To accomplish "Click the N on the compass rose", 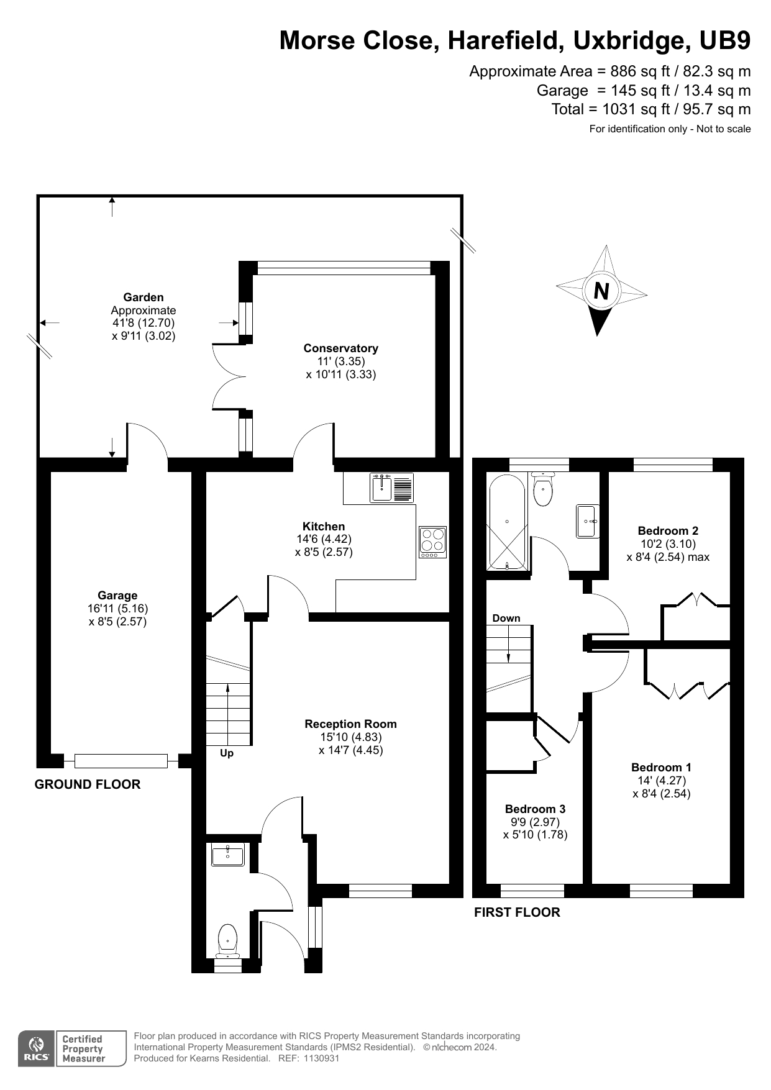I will [601, 291].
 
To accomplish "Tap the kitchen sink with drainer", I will [391, 488].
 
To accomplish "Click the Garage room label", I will [117, 596].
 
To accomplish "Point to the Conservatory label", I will [340, 348].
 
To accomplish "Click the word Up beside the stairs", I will [227, 753].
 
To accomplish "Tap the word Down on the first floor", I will [506, 618].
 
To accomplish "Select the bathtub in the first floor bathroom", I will [508, 522].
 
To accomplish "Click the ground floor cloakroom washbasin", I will [227, 855].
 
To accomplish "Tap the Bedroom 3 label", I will [535, 809].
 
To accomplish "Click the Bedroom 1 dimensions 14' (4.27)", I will [661, 781].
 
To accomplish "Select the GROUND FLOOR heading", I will [88, 784].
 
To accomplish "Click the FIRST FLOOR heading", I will [517, 912].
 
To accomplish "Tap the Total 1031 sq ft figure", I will [650, 109].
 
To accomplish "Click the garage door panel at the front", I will [121, 761].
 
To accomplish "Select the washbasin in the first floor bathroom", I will [588, 521].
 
